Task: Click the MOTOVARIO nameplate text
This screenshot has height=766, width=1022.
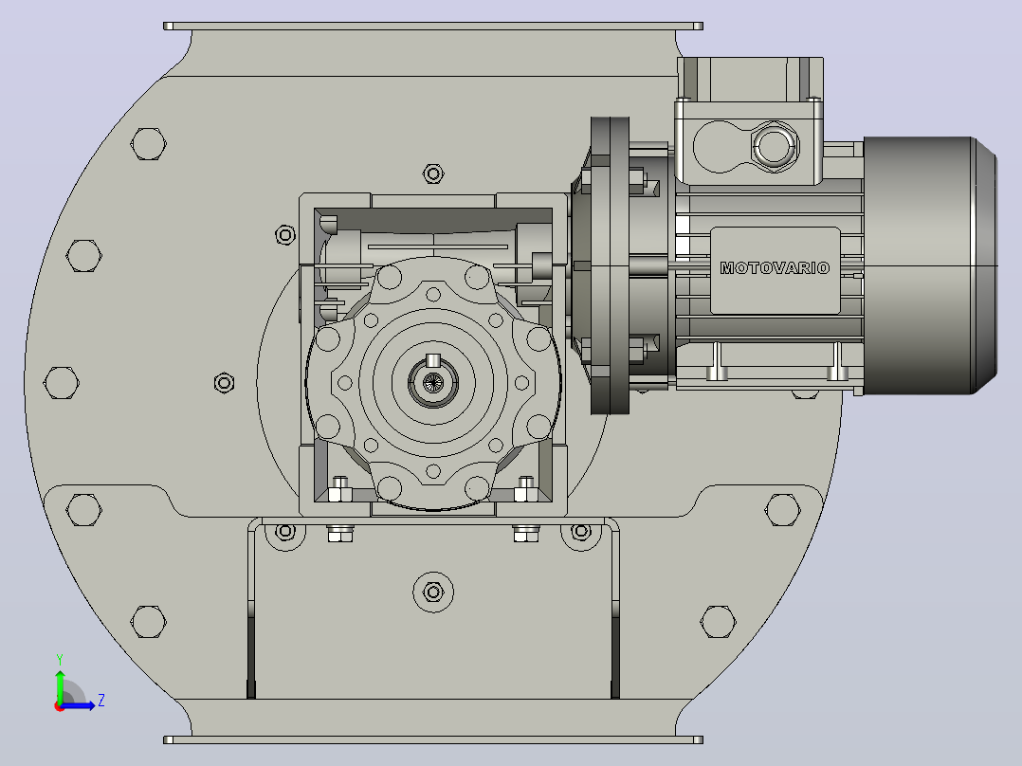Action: pyautogui.click(x=775, y=268)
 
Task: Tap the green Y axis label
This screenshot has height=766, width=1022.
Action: pyautogui.click(x=60, y=660)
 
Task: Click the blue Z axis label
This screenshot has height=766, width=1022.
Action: pyautogui.click(x=101, y=701)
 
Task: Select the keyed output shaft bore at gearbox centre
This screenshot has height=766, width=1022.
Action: pyautogui.click(x=432, y=383)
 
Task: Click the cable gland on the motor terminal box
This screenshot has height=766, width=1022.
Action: pyautogui.click(x=774, y=145)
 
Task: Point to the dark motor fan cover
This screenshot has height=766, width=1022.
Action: pyautogui.click(x=930, y=265)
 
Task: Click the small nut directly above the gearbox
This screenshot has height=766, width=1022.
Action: pyautogui.click(x=433, y=173)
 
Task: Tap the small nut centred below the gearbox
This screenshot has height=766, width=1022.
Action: pyautogui.click(x=433, y=592)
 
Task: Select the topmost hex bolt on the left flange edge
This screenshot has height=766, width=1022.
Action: pyautogui.click(x=149, y=144)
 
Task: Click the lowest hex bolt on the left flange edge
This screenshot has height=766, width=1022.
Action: pyautogui.click(x=149, y=621)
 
